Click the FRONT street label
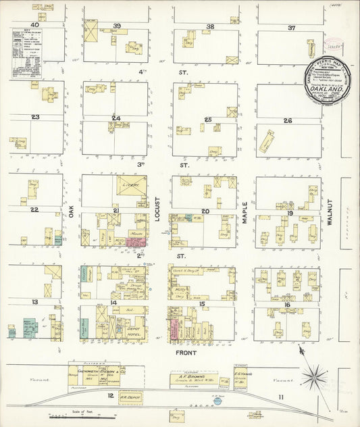coord(185,352)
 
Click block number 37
coord(291,28)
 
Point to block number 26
coord(287,121)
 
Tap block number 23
coord(35,117)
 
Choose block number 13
coord(34,301)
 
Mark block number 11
coord(280,397)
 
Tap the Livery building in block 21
coord(131,185)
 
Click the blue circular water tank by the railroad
coord(224,399)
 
